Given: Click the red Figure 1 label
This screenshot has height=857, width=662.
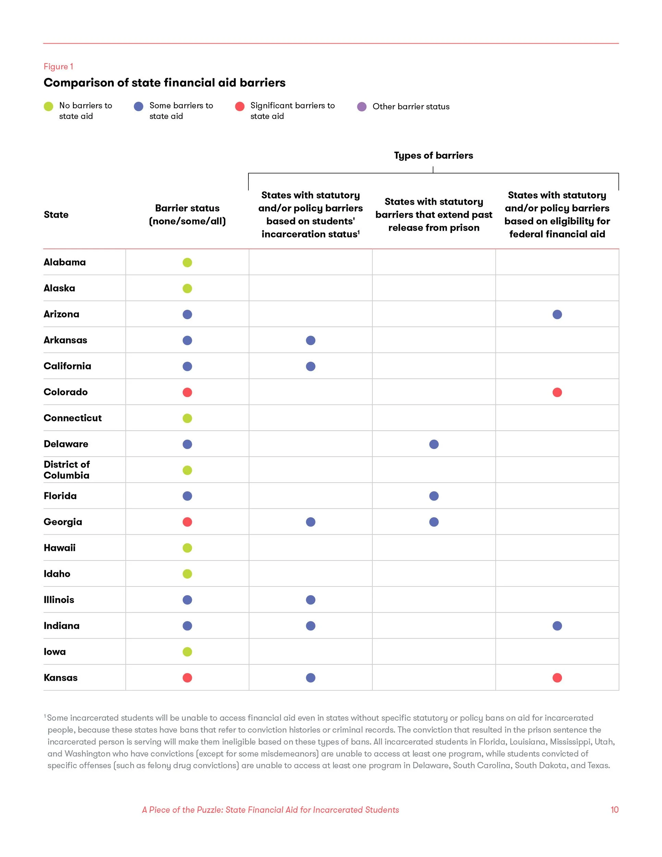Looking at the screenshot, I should tap(58, 67).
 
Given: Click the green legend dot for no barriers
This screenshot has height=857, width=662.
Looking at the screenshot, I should tap(48, 106).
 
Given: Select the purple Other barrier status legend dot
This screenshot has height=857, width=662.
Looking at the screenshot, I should tap(361, 107).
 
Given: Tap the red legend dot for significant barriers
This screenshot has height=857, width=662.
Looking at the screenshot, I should tap(240, 106).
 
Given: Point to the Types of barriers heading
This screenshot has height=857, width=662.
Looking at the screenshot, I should tap(433, 155).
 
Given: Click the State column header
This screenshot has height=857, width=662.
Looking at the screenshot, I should tap(56, 215).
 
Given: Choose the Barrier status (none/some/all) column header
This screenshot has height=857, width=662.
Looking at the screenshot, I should tap(187, 215).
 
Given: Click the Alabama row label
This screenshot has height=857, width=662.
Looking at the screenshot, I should tap(65, 262).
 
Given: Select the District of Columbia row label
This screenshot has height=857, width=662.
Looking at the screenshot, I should tap(67, 470).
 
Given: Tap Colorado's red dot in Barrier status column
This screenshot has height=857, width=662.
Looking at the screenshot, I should tap(187, 393).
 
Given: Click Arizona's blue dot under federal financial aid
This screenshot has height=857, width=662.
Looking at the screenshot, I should tap(557, 314).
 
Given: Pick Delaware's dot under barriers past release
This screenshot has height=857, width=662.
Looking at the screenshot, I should tap(434, 444).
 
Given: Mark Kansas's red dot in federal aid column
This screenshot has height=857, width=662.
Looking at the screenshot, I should tap(557, 678).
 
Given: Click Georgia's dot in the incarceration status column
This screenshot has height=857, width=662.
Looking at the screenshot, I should tap(310, 522).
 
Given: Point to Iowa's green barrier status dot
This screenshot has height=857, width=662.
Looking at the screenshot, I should tap(187, 652).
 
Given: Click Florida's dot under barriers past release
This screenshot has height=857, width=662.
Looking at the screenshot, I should tap(434, 496).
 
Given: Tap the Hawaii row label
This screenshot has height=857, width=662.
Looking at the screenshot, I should tap(60, 548).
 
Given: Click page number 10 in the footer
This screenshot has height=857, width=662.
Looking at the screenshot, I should tap(614, 809).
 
